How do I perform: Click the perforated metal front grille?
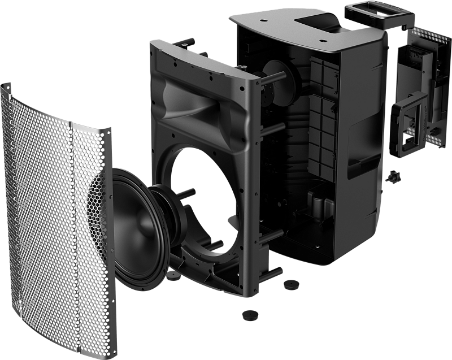(x=45, y=215)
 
